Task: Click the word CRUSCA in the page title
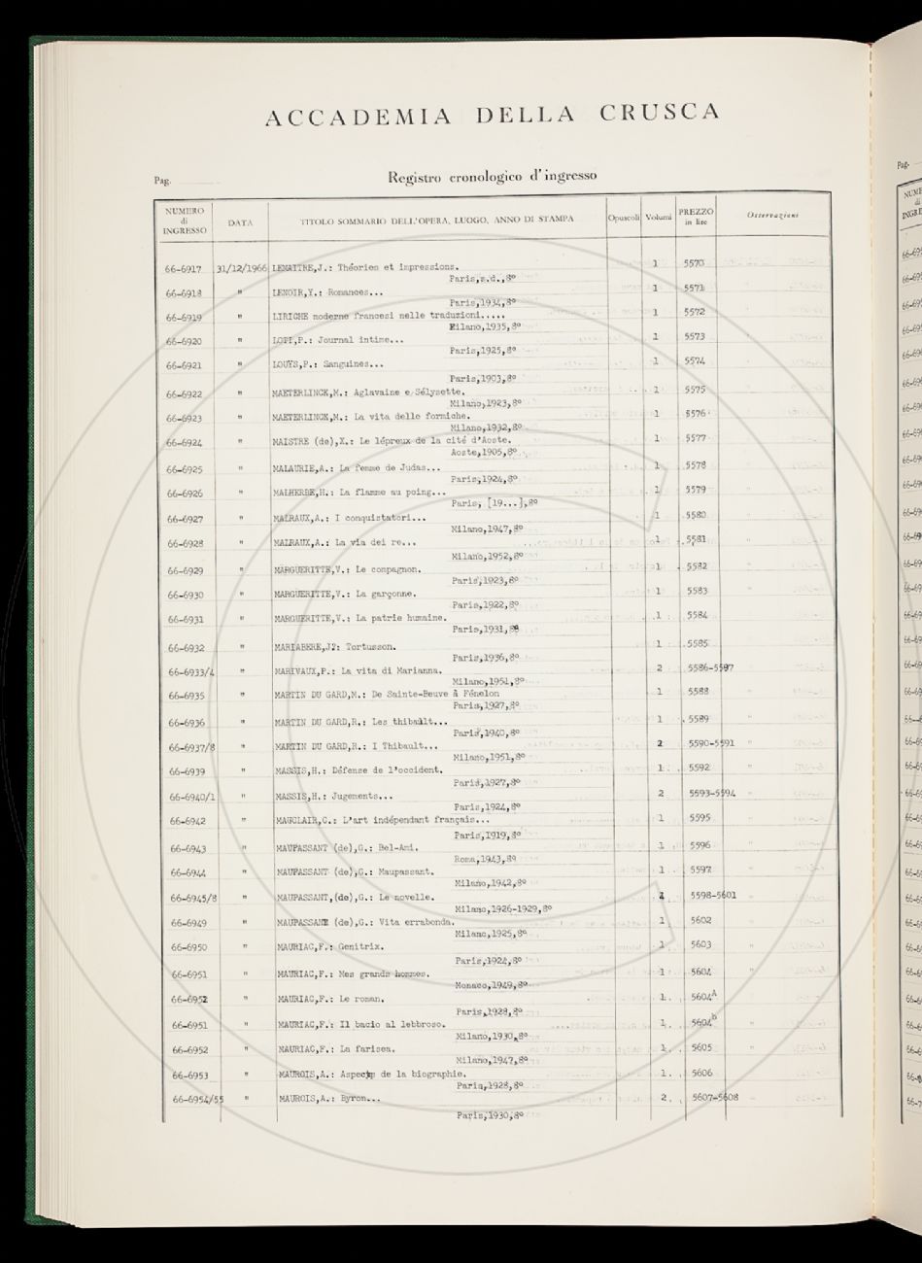(659, 113)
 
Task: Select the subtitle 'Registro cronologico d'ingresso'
(492, 177)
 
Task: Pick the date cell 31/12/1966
(242, 265)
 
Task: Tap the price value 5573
(695, 337)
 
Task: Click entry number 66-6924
(183, 442)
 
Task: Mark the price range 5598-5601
(710, 895)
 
